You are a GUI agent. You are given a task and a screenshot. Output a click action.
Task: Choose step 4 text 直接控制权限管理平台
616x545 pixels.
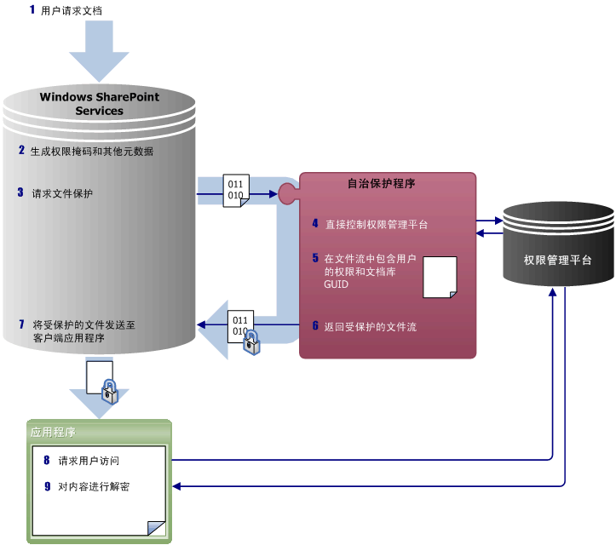pyautogui.click(x=376, y=225)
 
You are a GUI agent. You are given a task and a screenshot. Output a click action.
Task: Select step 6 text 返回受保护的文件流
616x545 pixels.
pyautogui.click(x=371, y=326)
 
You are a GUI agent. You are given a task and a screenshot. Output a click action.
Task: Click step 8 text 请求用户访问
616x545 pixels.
pyautogui.click(x=88, y=461)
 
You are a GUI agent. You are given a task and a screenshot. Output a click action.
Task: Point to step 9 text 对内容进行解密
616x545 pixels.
pyautogui.click(x=94, y=487)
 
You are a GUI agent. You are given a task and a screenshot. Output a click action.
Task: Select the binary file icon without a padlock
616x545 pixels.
pyautogui.click(x=235, y=190)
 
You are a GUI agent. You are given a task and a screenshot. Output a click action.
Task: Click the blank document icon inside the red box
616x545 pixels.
pyautogui.click(x=440, y=277)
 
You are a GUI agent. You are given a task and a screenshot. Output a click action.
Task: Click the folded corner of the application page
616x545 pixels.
pyautogui.click(x=155, y=528)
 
